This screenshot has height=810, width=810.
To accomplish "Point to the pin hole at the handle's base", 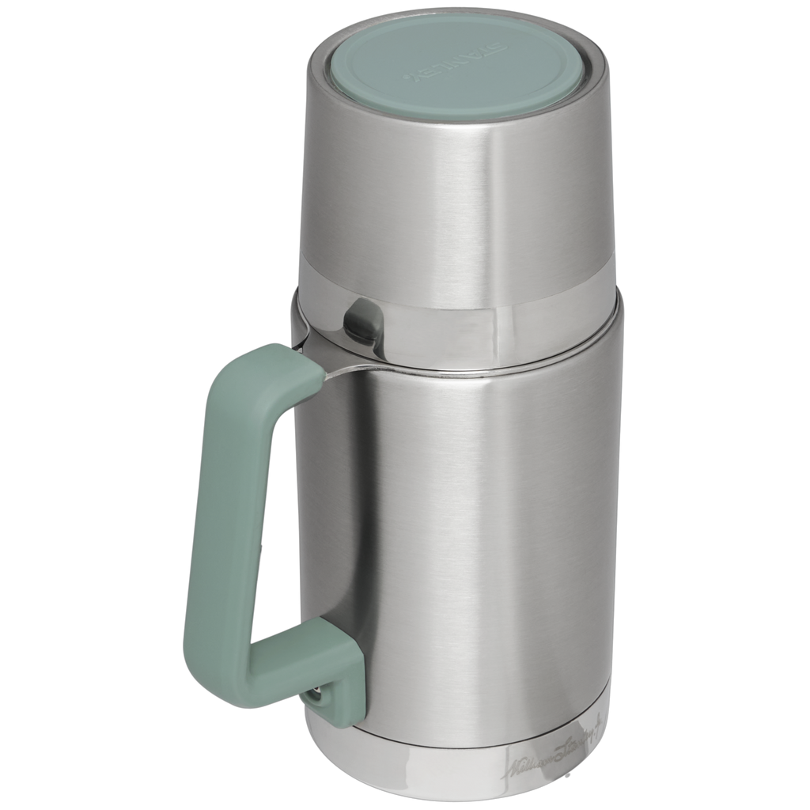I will pos(318,695).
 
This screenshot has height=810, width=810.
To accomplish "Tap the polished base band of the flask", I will pos(443,771).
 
